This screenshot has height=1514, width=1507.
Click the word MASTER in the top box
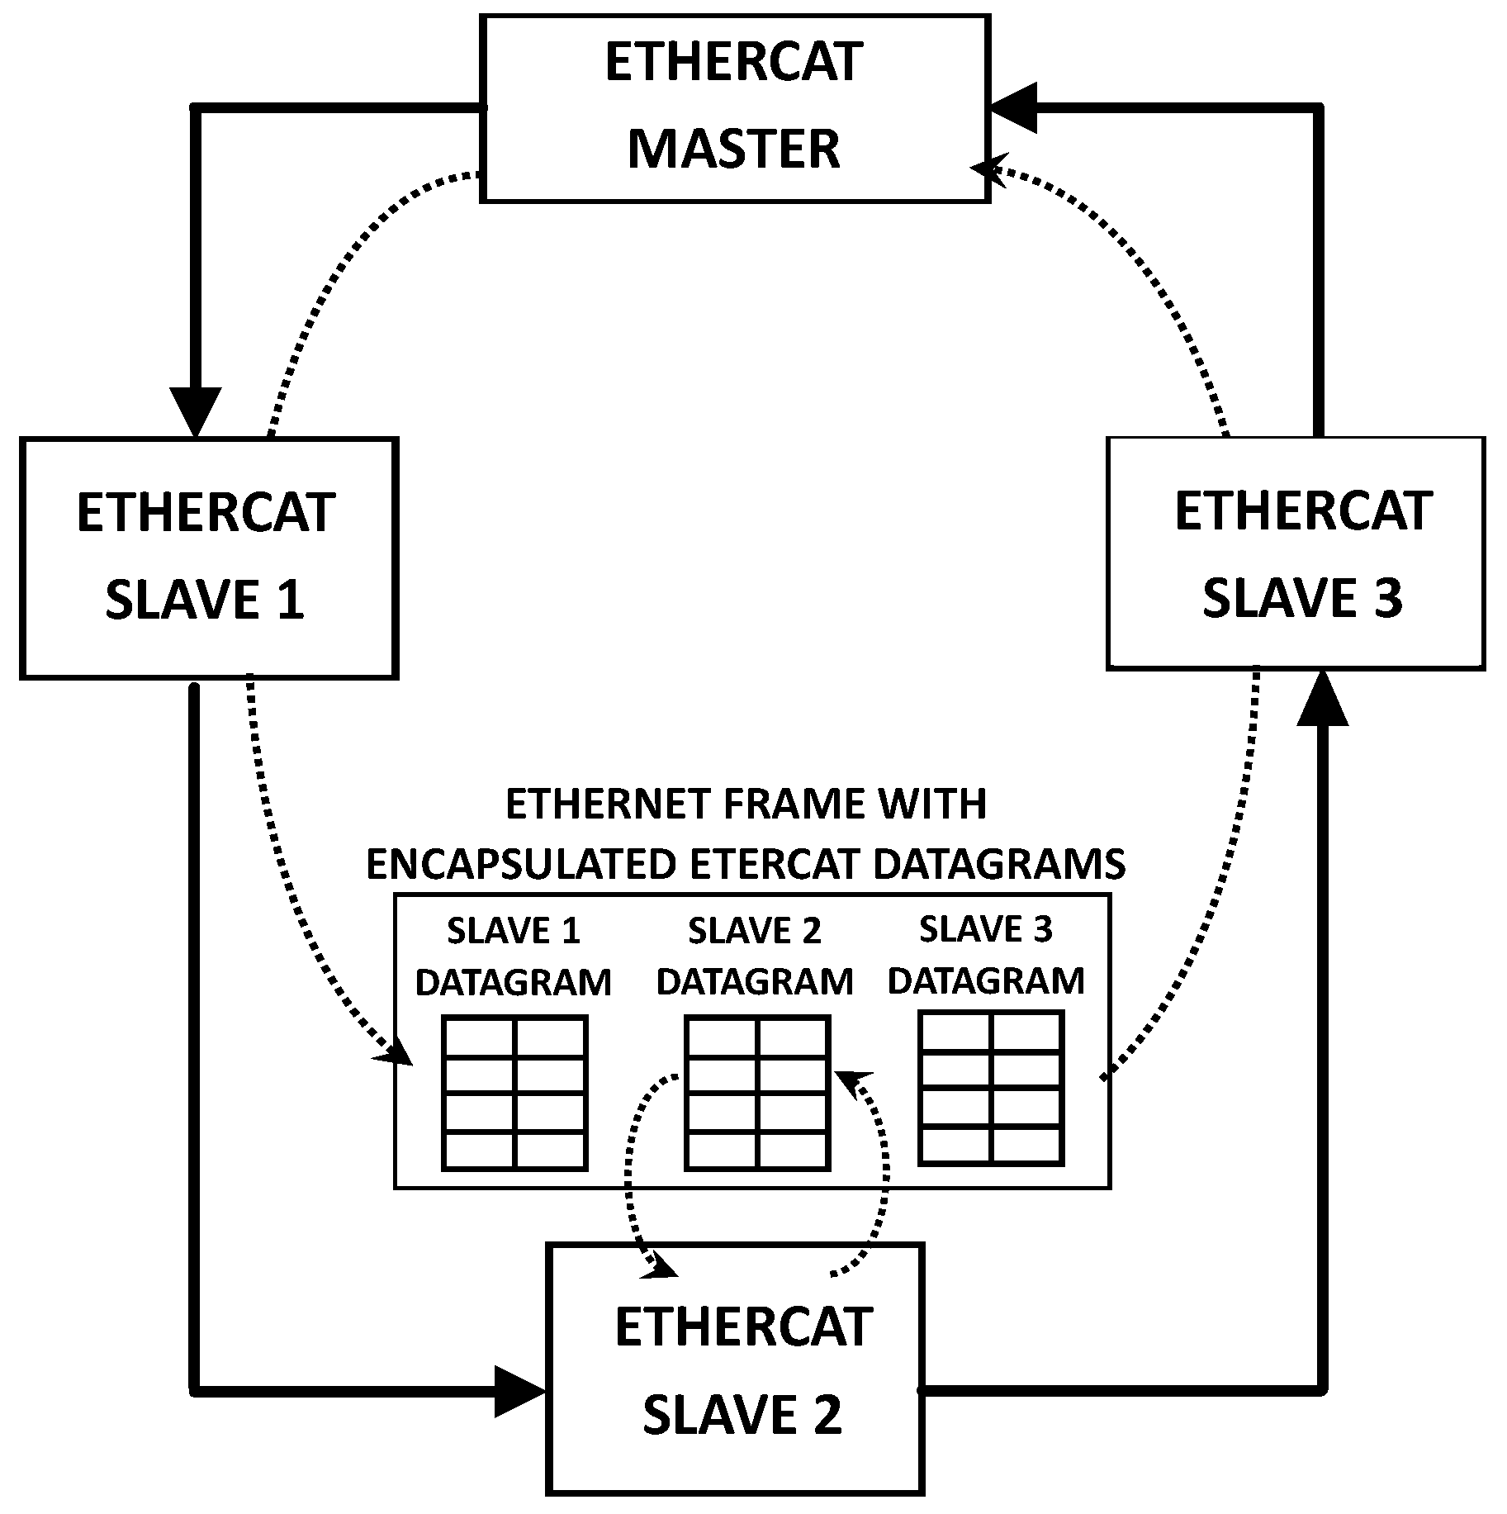tap(733, 150)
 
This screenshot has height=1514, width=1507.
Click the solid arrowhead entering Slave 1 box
tap(196, 411)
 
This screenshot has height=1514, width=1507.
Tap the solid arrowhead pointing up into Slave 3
tap(1322, 699)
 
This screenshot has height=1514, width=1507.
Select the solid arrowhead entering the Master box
tap(1014, 107)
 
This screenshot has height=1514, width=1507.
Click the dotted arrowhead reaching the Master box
tap(985, 168)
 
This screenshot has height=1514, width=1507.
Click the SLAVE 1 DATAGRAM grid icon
tap(514, 1093)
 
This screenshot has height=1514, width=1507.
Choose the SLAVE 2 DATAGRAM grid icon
tap(756, 1093)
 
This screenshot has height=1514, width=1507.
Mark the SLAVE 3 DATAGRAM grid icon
tap(990, 1088)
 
